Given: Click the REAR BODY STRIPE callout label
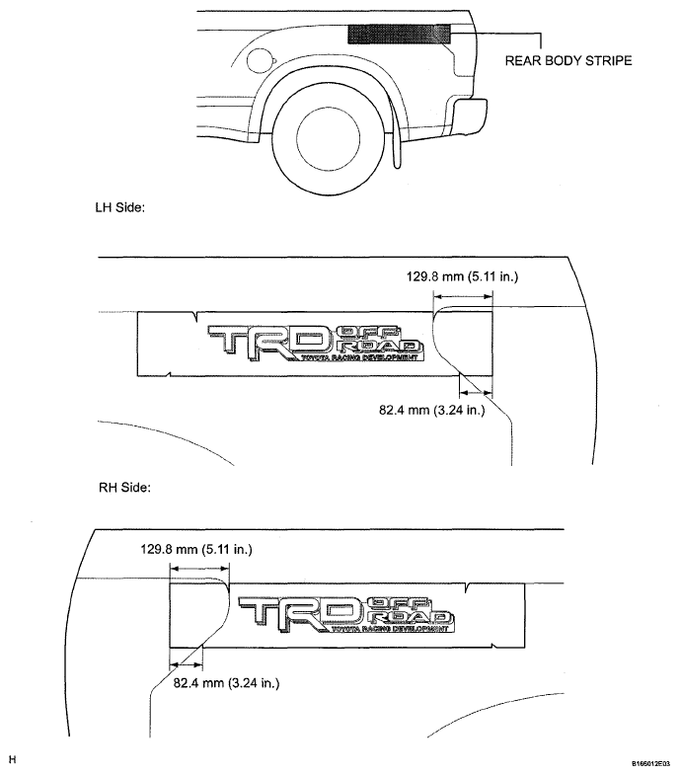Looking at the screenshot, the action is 568,61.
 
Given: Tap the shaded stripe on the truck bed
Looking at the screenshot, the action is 400,35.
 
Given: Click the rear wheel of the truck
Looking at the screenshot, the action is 329,140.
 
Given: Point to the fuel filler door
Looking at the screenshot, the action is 260,60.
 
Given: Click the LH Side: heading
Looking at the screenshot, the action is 120,207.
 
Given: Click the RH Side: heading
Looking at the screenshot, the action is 124,488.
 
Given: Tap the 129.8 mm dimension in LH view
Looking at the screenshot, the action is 462,276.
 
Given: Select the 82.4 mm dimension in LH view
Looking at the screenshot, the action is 432,410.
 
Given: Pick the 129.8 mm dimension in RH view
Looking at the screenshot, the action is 196,549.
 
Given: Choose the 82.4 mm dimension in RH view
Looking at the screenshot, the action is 226,683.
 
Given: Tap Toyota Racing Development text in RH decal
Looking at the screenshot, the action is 392,629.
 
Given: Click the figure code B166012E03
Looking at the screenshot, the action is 649,763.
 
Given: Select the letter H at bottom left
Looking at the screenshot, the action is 13,759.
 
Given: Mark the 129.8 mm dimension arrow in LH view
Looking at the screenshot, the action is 463,296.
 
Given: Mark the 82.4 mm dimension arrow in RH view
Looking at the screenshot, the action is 186,664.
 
